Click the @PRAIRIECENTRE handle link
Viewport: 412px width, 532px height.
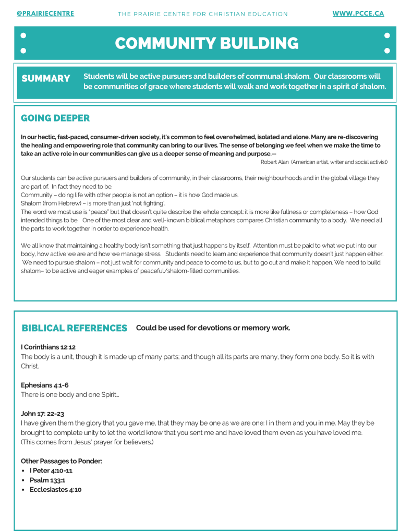click(45, 14)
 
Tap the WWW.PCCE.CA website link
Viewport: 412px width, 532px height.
click(358, 14)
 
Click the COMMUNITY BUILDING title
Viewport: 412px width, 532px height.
click(207, 43)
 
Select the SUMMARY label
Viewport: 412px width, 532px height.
click(46, 78)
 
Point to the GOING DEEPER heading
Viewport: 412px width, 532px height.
click(55, 118)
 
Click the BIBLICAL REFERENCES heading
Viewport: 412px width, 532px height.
click(75, 328)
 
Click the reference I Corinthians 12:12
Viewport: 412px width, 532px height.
click(49, 347)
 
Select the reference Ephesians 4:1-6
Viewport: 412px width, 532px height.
click(45, 385)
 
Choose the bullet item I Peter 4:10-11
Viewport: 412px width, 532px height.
click(51, 470)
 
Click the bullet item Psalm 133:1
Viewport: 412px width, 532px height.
click(47, 480)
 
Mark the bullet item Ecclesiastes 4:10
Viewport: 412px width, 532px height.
click(56, 490)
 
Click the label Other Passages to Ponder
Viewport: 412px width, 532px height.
click(62, 461)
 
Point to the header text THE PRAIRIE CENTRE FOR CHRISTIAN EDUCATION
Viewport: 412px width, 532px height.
click(203, 14)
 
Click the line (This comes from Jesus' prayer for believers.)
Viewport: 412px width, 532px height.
click(87, 442)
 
